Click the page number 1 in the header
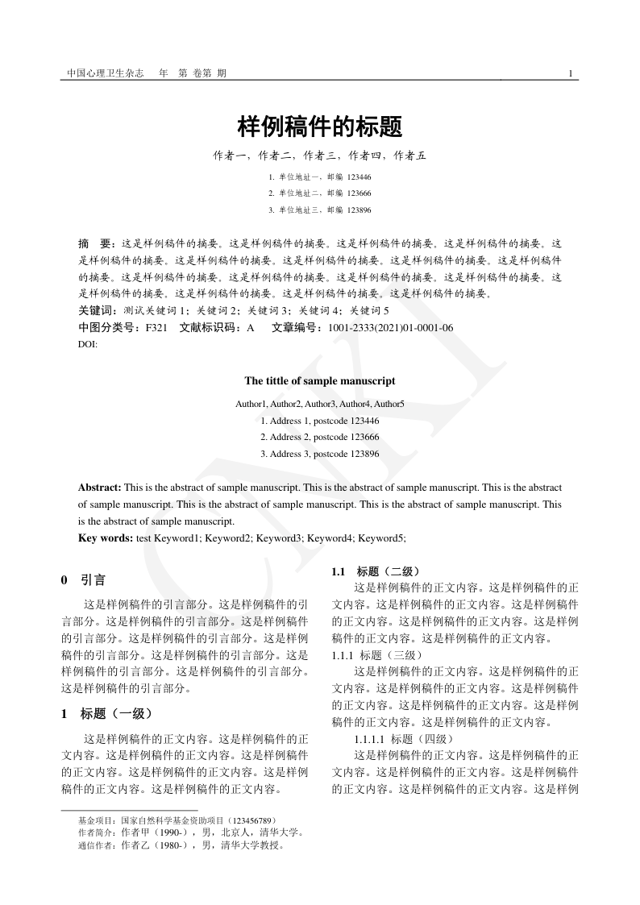[x=571, y=73]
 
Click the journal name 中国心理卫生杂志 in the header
[x=105, y=73]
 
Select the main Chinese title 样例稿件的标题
[x=320, y=127]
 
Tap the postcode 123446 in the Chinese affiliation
[x=359, y=176]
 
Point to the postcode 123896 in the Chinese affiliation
[x=359, y=210]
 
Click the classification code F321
[x=156, y=328]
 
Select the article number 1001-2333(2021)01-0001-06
[x=391, y=328]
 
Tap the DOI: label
[x=87, y=344]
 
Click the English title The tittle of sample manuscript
[x=320, y=381]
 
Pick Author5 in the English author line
[x=389, y=403]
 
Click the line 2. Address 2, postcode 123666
[x=320, y=437]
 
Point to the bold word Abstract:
[x=100, y=488]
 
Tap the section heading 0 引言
[x=83, y=580]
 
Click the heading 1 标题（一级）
[x=106, y=713]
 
